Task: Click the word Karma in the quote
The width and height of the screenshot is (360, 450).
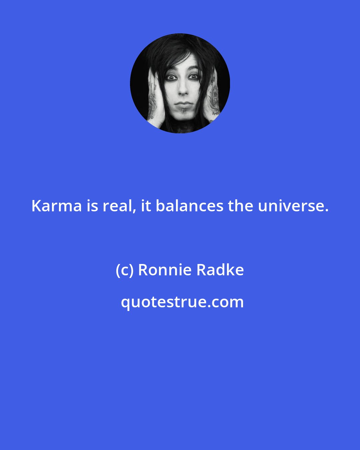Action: [x=57, y=206]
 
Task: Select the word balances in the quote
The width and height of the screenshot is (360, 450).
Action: [x=189, y=206]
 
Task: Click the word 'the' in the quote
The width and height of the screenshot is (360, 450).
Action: [x=241, y=206]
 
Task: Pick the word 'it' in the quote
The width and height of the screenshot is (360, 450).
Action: [x=146, y=206]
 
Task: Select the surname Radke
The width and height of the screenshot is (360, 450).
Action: [x=220, y=270]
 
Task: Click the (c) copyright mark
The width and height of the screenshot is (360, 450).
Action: [x=124, y=270]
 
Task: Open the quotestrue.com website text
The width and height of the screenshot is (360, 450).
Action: [x=182, y=302]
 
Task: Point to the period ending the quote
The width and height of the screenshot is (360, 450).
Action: [x=326, y=210]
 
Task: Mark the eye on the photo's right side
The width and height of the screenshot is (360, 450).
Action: [x=193, y=77]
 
